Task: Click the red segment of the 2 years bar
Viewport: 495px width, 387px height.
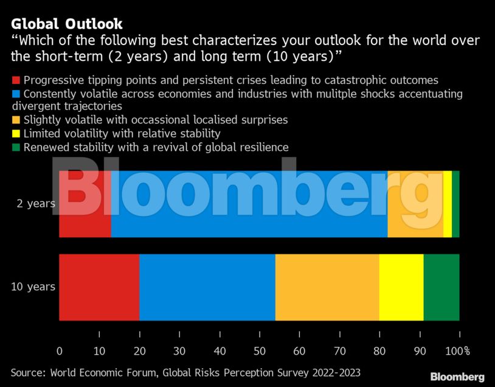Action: (85, 204)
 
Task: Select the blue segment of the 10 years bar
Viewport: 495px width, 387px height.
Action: (207, 287)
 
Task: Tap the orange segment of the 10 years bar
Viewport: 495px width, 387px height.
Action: (327, 287)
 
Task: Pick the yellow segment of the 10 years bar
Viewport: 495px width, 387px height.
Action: (401, 287)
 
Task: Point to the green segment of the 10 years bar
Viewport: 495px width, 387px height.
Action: (441, 287)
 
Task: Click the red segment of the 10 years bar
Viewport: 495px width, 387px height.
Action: (99, 287)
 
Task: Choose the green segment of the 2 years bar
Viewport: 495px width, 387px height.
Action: (455, 204)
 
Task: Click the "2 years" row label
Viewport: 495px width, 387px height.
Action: (36, 204)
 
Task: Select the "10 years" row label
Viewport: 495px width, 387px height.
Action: (33, 287)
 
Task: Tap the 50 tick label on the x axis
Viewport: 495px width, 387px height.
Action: (260, 351)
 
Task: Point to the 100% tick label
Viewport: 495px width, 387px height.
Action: (459, 351)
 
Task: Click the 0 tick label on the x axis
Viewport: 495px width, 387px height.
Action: (59, 351)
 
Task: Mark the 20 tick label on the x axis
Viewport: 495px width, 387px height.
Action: (139, 351)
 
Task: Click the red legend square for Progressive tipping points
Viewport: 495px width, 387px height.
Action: (16, 80)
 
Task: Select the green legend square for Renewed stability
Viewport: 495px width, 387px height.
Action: (16, 147)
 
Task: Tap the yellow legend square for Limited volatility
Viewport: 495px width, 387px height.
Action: (16, 134)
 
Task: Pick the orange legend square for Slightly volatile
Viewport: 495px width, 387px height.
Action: (16, 120)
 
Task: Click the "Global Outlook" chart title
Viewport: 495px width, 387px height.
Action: (67, 24)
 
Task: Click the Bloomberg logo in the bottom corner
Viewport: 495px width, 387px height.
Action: (457, 377)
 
